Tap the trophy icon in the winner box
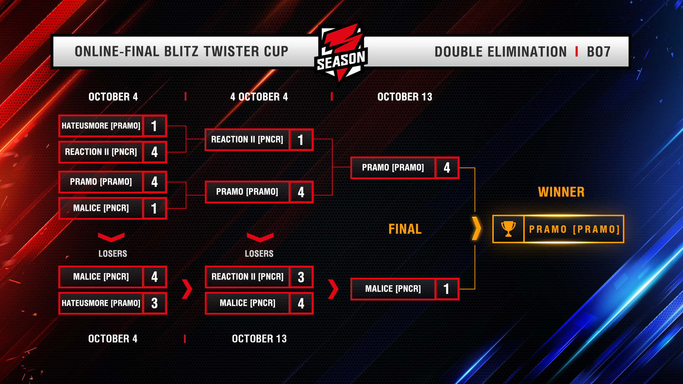(508, 229)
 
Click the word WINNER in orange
(561, 192)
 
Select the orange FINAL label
(405, 229)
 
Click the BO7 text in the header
(598, 52)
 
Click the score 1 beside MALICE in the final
(446, 289)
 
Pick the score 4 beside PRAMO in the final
(447, 167)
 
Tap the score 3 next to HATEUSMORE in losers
(154, 303)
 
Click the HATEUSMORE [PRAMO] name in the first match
(101, 126)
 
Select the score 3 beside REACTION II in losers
(301, 277)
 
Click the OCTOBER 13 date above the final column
(404, 97)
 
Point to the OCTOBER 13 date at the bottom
(259, 338)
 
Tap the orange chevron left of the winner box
(476, 229)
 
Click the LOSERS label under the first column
(112, 254)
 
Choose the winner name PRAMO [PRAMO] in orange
(574, 229)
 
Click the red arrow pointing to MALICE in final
(333, 289)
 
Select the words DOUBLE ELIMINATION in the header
(500, 52)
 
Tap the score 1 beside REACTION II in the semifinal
(301, 140)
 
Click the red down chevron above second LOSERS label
(260, 237)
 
